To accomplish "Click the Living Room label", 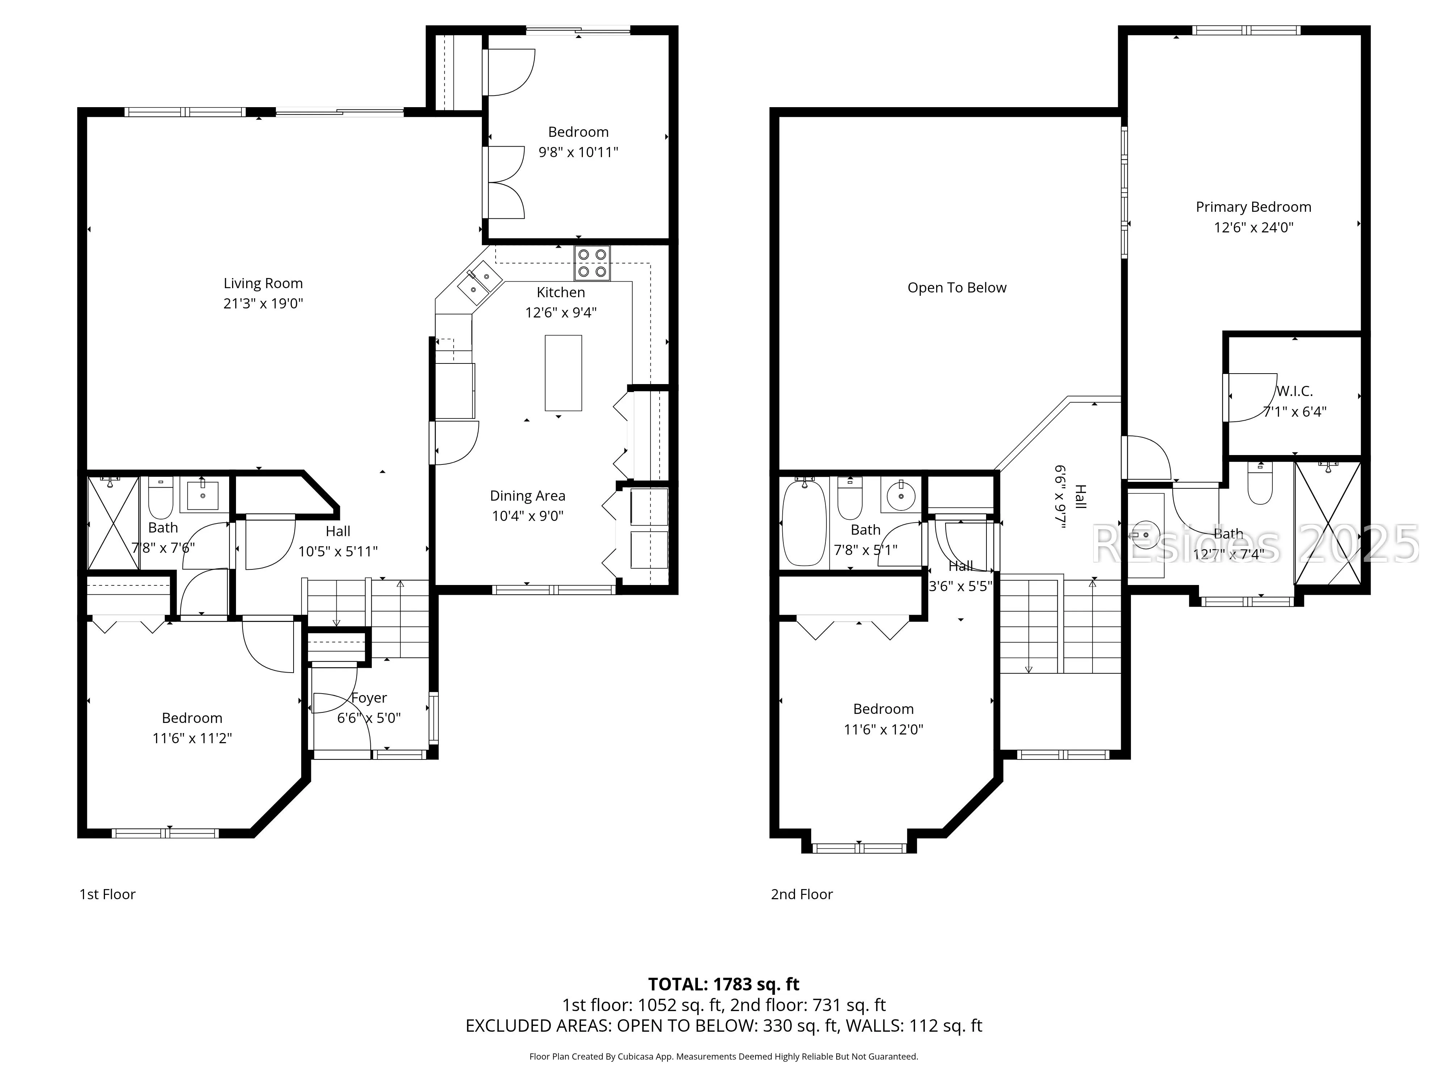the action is pyautogui.click(x=263, y=283).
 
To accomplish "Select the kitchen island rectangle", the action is pyautogui.click(x=563, y=373).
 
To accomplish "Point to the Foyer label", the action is pyautogui.click(x=369, y=698).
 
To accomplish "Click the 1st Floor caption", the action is pyautogui.click(x=108, y=894).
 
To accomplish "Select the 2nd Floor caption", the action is pyautogui.click(x=802, y=894).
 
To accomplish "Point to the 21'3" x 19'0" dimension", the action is pyautogui.click(x=263, y=304).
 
